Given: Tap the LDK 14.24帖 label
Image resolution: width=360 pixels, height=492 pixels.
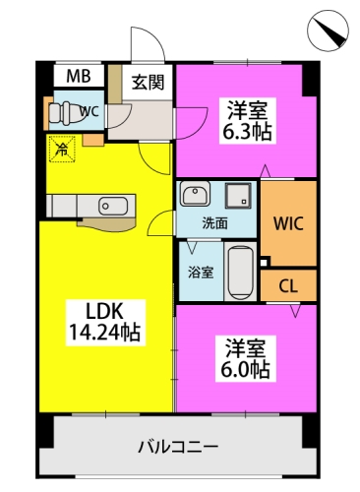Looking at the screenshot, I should (103, 320).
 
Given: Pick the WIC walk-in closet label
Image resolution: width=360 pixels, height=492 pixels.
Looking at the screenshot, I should (289, 222).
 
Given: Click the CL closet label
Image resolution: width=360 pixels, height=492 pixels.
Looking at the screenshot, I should (289, 285).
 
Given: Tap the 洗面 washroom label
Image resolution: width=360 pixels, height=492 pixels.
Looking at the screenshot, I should (215, 222).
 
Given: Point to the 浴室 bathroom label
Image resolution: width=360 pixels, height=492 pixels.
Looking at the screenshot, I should (201, 271).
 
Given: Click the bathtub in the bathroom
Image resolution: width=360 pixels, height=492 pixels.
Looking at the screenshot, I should (240, 271).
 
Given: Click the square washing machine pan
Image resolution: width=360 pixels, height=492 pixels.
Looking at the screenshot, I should (237, 194).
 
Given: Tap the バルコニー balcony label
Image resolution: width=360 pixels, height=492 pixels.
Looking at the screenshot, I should (177, 446).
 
